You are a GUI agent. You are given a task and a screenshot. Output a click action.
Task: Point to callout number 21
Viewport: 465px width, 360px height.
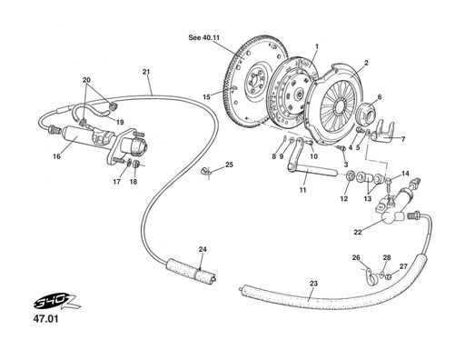coord(146,72)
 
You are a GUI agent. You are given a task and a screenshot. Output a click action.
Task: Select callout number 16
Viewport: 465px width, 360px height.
coord(56,156)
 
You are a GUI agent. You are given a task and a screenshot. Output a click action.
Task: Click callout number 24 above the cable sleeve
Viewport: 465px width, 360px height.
coord(203,249)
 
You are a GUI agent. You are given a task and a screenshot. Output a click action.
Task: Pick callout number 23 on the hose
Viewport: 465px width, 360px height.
coord(313,284)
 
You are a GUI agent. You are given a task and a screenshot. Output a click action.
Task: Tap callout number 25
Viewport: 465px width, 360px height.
coord(229,165)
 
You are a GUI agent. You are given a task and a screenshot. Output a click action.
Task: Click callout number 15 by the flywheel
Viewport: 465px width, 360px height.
coord(206,97)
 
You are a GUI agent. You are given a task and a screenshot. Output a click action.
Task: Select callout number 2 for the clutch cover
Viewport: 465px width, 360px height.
coord(365,63)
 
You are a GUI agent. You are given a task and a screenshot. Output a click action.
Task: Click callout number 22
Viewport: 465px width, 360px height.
coord(358,232)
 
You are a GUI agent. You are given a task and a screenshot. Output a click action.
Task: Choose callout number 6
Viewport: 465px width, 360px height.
coord(379,97)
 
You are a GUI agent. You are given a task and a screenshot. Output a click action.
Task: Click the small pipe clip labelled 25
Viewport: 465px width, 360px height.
coord(207,169)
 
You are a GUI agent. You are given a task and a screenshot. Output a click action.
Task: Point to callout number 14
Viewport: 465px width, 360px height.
coord(406,173)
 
